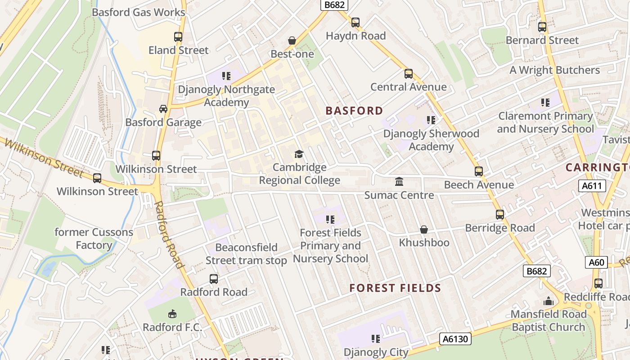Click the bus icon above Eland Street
(178, 37)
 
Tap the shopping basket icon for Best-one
(292, 41)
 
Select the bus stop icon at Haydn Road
(355, 22)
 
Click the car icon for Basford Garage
(163, 109)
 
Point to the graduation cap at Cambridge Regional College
(299, 154)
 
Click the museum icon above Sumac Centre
(399, 182)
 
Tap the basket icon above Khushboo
(424, 229)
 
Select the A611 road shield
(592, 186)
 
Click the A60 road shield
(596, 262)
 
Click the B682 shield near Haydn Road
(334, 5)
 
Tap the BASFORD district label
(354, 111)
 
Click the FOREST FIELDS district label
(395, 288)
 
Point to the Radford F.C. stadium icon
(172, 314)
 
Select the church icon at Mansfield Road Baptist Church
(549, 301)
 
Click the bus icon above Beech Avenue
(479, 171)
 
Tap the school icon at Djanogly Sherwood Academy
(431, 120)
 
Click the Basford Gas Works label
(139, 12)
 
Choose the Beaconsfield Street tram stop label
(246, 254)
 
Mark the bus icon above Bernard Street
(542, 27)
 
